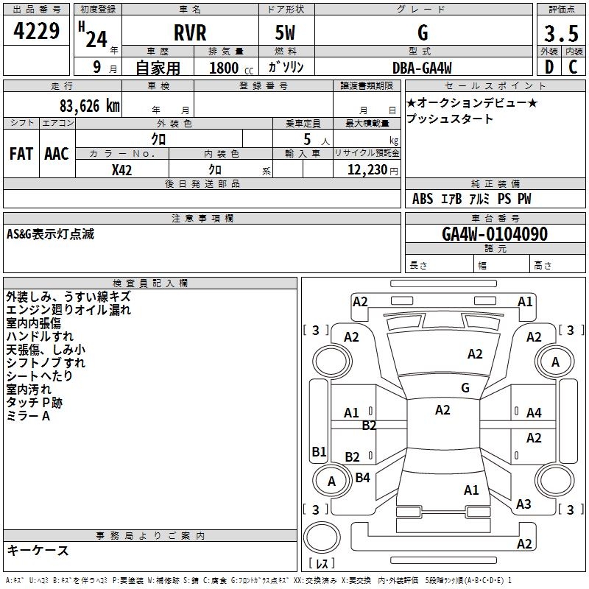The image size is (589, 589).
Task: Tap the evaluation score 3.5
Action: [x=560, y=34]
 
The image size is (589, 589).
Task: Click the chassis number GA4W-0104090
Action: [x=494, y=234]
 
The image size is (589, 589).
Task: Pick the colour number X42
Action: [x=122, y=169]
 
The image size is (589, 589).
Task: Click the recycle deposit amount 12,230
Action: [x=365, y=169]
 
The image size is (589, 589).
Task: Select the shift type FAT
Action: [x=21, y=153]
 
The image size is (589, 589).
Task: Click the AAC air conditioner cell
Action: [x=57, y=153]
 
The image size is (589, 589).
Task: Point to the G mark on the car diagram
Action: [x=465, y=387]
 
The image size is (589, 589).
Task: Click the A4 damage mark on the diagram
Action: [x=534, y=413]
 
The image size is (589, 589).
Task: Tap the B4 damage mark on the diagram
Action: [x=362, y=478]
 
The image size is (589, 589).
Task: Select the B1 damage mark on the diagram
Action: [x=319, y=452]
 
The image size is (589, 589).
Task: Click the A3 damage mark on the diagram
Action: [x=523, y=504]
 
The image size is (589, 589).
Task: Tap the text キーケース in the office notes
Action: [x=38, y=551]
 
